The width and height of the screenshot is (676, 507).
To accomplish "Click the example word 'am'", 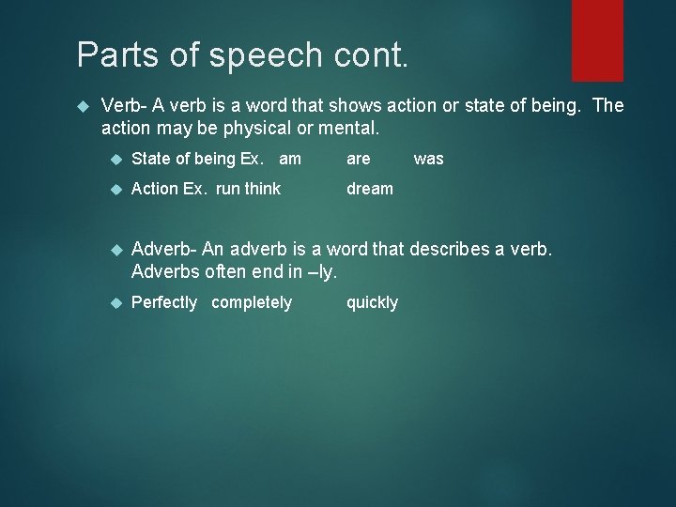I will pyautogui.click(x=290, y=159).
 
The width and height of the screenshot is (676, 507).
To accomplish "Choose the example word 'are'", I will pyautogui.click(x=359, y=159).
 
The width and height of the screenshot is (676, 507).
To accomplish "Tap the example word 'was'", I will pyautogui.click(x=428, y=159).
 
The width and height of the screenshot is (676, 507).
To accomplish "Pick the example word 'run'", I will pyautogui.click(x=227, y=189).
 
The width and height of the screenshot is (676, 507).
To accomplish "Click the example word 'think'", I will pyautogui.click(x=262, y=189).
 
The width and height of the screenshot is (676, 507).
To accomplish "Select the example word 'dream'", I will pyautogui.click(x=370, y=189).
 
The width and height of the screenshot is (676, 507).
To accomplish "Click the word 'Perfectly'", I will pyautogui.click(x=164, y=302).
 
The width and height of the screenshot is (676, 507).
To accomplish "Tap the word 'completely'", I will pyautogui.click(x=252, y=302).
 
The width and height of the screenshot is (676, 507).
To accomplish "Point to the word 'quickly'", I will pyautogui.click(x=372, y=302).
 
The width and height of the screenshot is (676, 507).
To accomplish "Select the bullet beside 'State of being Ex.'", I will pyautogui.click(x=116, y=159).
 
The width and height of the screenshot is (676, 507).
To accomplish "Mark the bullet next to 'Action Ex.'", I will pyautogui.click(x=116, y=189).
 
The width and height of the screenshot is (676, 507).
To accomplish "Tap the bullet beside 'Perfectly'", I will pyautogui.click(x=116, y=302).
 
